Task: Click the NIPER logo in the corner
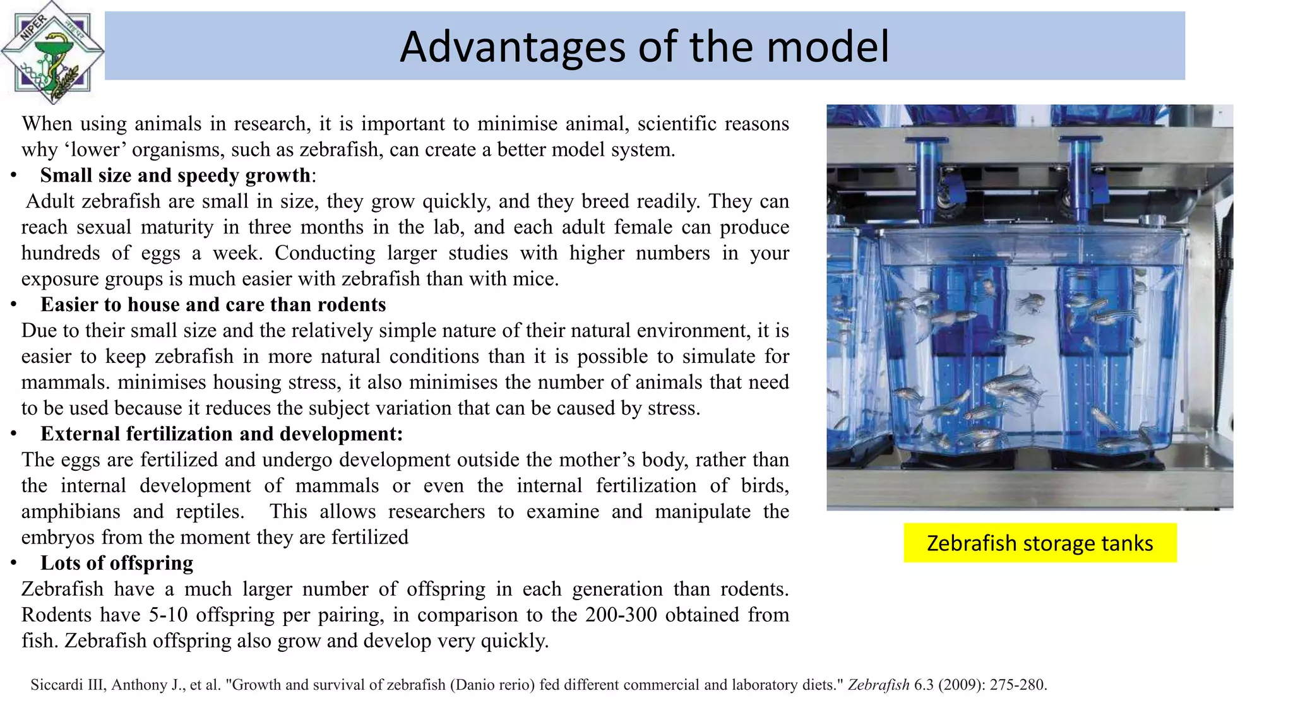[52, 52]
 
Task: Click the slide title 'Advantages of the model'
[644, 47]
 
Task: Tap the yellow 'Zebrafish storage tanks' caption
[1040, 543]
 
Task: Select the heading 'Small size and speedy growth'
[176, 175]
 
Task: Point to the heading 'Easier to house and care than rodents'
[213, 305]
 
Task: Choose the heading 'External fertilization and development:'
[222, 434]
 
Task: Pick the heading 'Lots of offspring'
[117, 564]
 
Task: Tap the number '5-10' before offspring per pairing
[168, 615]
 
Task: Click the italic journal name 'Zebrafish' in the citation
[878, 685]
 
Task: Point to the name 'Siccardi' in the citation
[57, 685]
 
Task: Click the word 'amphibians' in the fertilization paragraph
[71, 512]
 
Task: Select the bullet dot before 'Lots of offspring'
[14, 564]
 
